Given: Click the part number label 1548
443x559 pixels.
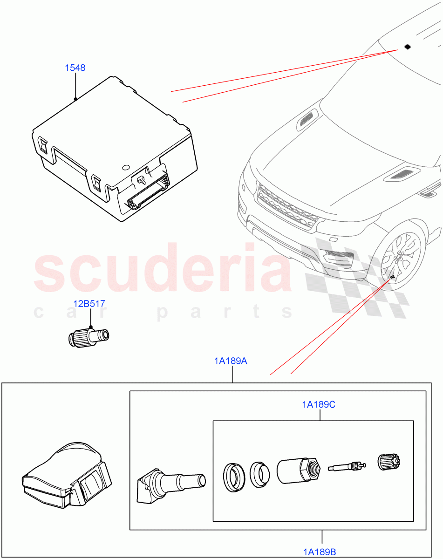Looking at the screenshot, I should click(x=75, y=68).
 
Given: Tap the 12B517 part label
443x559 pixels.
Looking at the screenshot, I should click(x=89, y=304).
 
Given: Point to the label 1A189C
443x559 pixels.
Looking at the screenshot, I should click(x=318, y=405).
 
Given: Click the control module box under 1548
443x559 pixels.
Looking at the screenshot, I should click(x=114, y=149).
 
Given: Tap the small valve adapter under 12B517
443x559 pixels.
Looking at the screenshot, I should click(x=89, y=337).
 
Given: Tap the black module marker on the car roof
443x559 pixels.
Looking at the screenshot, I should click(x=408, y=47).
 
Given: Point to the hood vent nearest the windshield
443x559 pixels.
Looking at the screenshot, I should click(x=307, y=119).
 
